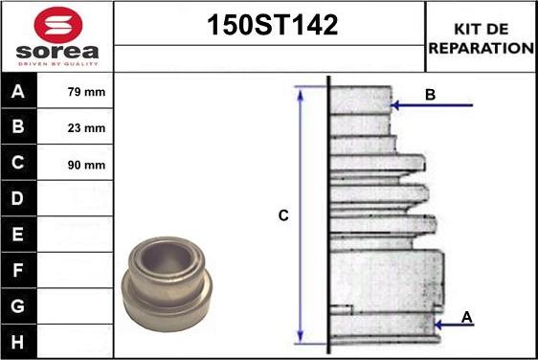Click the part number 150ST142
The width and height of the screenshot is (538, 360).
tap(273, 25)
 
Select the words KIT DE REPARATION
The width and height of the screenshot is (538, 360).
tap(482, 38)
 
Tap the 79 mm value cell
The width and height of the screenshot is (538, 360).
tap(75, 91)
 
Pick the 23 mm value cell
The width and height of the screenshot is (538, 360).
tap(75, 126)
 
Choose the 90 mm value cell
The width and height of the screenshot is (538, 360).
tap(75, 163)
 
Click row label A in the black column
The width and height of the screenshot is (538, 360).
tap(18, 91)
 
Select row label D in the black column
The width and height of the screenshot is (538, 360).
tap(18, 198)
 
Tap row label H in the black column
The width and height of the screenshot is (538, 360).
tap(18, 342)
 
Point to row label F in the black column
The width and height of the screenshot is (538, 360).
tap(18, 270)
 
